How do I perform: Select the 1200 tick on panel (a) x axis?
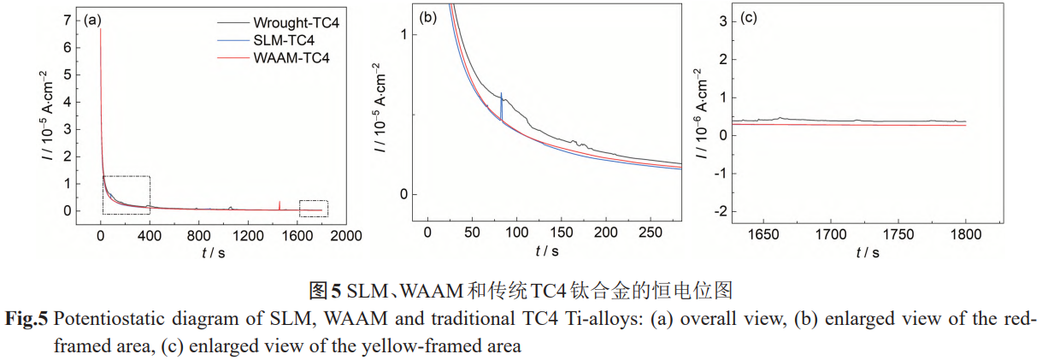click(x=249, y=235)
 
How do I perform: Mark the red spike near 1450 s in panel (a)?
click(x=280, y=204)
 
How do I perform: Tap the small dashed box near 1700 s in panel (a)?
click(x=313, y=208)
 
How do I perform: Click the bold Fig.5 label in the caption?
click(x=27, y=319)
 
